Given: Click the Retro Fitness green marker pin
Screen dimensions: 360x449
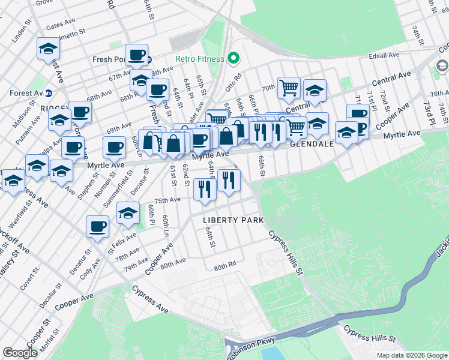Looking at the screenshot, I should click(x=234, y=59).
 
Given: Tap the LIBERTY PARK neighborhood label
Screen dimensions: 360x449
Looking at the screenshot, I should click(x=233, y=220).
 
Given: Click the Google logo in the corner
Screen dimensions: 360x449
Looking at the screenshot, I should click(x=20, y=353).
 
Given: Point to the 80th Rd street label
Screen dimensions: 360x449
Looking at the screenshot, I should click(x=224, y=266).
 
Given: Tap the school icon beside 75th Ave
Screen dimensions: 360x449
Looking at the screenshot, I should click(x=128, y=212).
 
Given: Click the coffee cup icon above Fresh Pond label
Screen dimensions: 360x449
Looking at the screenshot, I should click(x=136, y=55).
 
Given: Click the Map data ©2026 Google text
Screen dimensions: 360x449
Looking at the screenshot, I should click(x=412, y=355).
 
